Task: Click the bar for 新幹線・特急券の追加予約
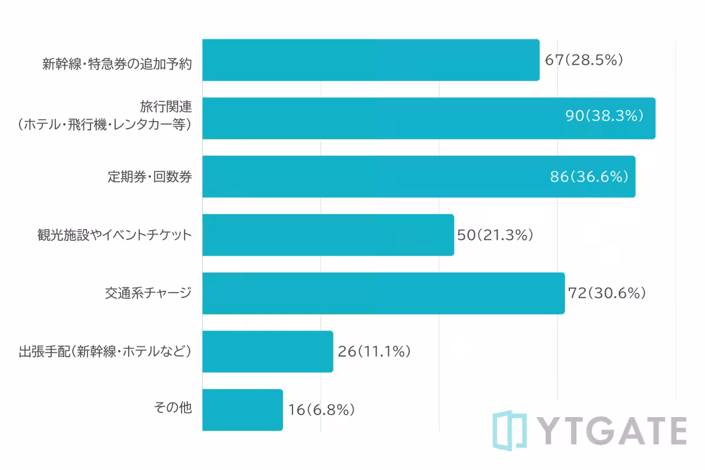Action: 371,60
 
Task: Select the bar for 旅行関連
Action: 429,118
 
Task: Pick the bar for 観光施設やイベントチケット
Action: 328,235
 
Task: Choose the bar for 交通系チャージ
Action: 383,293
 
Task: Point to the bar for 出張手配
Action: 267,351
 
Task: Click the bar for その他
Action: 242,409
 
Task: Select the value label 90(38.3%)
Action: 605,116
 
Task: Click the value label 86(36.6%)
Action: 589,176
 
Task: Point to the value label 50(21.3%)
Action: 495,235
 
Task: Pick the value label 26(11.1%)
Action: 374,351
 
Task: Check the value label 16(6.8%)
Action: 321,409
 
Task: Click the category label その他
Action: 173,408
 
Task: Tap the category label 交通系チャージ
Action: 148,292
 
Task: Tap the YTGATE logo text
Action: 611,431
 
